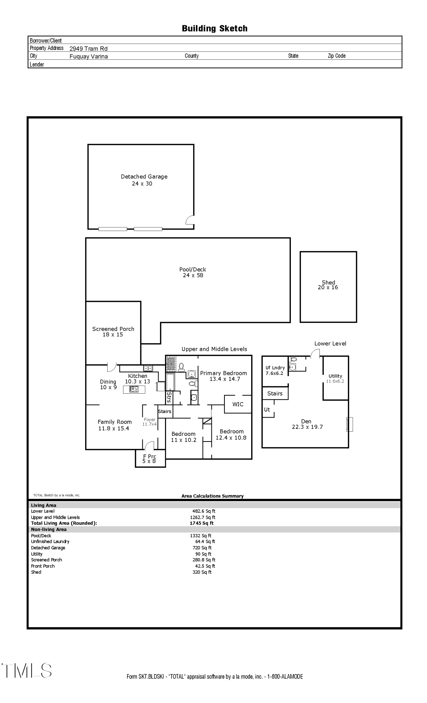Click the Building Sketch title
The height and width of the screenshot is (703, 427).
[x=215, y=28]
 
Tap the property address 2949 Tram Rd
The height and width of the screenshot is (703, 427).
[x=88, y=49]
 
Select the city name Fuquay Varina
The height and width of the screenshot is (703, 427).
[x=89, y=56]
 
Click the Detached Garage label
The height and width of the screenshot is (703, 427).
[x=144, y=177]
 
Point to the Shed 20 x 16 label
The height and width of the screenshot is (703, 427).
[x=328, y=285]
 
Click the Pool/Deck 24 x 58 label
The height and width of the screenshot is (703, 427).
[x=193, y=272]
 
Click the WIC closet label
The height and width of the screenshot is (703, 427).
[x=238, y=404]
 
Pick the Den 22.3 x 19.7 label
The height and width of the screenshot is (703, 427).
[x=307, y=424]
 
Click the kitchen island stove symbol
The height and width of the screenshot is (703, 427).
[x=134, y=389]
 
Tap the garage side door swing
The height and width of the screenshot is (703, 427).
[x=190, y=220]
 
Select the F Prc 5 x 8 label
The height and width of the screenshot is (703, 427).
[x=149, y=459]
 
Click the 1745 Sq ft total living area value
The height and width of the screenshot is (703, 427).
[x=202, y=523]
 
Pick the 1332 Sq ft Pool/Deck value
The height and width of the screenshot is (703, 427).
[x=200, y=536]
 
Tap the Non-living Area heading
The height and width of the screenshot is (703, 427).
[x=49, y=529]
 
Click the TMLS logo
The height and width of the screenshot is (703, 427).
[x=27, y=670]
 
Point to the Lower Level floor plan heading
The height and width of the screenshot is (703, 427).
[x=330, y=343]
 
